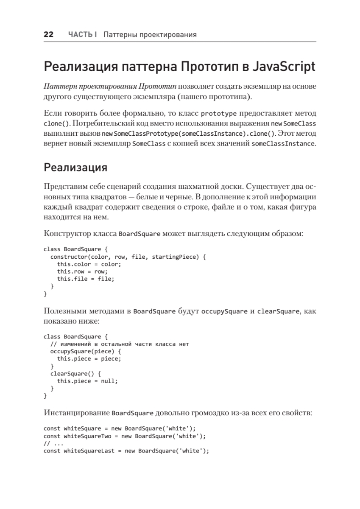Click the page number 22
click(x=48, y=35)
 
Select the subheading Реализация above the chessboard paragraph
click(x=75, y=167)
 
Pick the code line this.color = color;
click(x=89, y=264)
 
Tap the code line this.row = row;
click(x=82, y=271)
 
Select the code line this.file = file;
click(x=86, y=279)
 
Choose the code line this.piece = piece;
click(x=89, y=359)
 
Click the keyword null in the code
click(x=109, y=381)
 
